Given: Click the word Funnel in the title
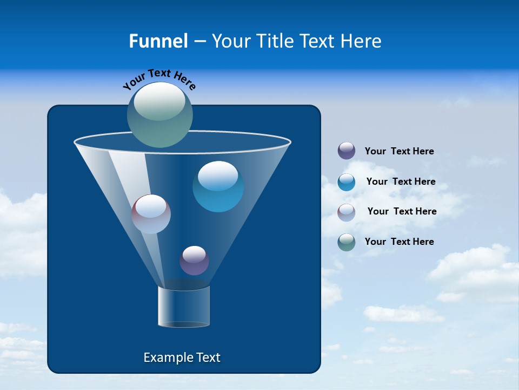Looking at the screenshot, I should click(158, 41).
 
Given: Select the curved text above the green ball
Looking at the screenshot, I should click(159, 79).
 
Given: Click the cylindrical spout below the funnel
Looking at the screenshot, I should click(184, 307).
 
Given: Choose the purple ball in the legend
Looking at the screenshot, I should click(347, 151).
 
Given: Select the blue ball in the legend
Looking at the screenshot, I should click(347, 182).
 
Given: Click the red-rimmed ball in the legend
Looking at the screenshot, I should click(347, 212).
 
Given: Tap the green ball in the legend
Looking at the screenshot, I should click(347, 242).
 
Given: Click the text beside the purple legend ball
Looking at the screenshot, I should click(399, 152).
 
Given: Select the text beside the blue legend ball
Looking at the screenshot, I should click(401, 182).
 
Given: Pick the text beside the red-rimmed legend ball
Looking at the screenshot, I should click(402, 212).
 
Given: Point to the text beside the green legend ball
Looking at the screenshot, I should click(399, 242).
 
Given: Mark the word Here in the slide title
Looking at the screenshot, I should click(362, 41).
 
